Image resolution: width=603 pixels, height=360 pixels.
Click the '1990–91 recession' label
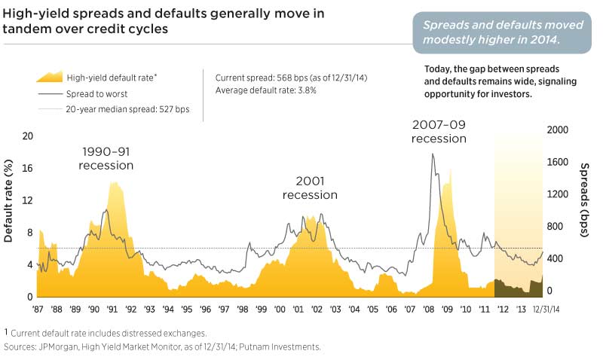[x=106, y=159]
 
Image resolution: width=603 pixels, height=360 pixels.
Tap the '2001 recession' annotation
[x=309, y=188]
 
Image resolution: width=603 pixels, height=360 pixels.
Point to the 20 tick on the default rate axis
[x=28, y=136]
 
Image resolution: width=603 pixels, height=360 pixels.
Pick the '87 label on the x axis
[x=38, y=310]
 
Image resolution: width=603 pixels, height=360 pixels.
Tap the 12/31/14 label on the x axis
[x=548, y=310]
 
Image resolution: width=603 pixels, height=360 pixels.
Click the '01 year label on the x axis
[x=298, y=310]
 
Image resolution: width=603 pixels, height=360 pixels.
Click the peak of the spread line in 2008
[x=433, y=154]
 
